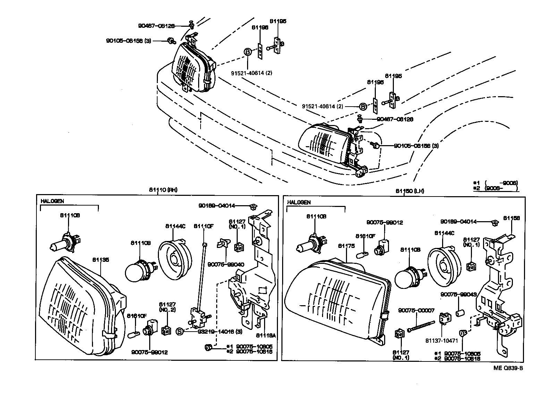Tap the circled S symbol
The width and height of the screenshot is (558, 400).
[x=179, y=332]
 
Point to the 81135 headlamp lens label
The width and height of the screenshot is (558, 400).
[x=101, y=259]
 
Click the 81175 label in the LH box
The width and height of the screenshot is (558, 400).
[x=346, y=246]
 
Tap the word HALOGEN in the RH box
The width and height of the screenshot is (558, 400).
[x=52, y=201]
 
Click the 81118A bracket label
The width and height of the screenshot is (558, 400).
[x=265, y=335]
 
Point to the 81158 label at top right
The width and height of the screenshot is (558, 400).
[x=512, y=218]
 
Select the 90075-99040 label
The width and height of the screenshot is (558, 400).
[x=226, y=264]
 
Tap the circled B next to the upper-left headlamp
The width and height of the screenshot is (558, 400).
[x=247, y=52]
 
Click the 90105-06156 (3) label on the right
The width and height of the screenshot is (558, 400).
[x=416, y=146]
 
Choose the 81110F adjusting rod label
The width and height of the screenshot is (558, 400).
[x=203, y=226]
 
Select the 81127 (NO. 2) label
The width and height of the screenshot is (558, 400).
[x=167, y=307]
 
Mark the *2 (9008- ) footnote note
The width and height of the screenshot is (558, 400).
[x=496, y=188]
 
